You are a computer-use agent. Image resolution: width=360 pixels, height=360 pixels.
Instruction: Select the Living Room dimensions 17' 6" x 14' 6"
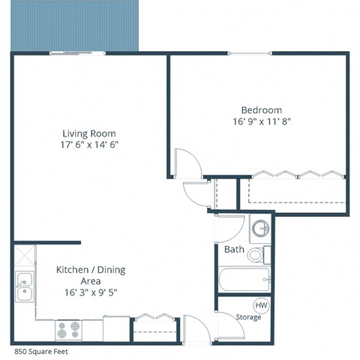91,144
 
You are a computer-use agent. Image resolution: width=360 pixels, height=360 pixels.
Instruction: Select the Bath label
233,249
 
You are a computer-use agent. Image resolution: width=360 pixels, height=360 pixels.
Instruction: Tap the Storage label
248,317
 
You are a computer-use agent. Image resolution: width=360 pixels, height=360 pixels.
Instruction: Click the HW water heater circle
262,305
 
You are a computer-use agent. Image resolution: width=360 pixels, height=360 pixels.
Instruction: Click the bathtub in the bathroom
244,281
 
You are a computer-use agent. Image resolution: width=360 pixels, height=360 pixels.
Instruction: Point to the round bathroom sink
259,228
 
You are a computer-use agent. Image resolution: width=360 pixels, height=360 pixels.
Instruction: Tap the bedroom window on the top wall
251,53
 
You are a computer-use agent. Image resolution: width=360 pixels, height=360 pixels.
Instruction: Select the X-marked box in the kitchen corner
22,253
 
